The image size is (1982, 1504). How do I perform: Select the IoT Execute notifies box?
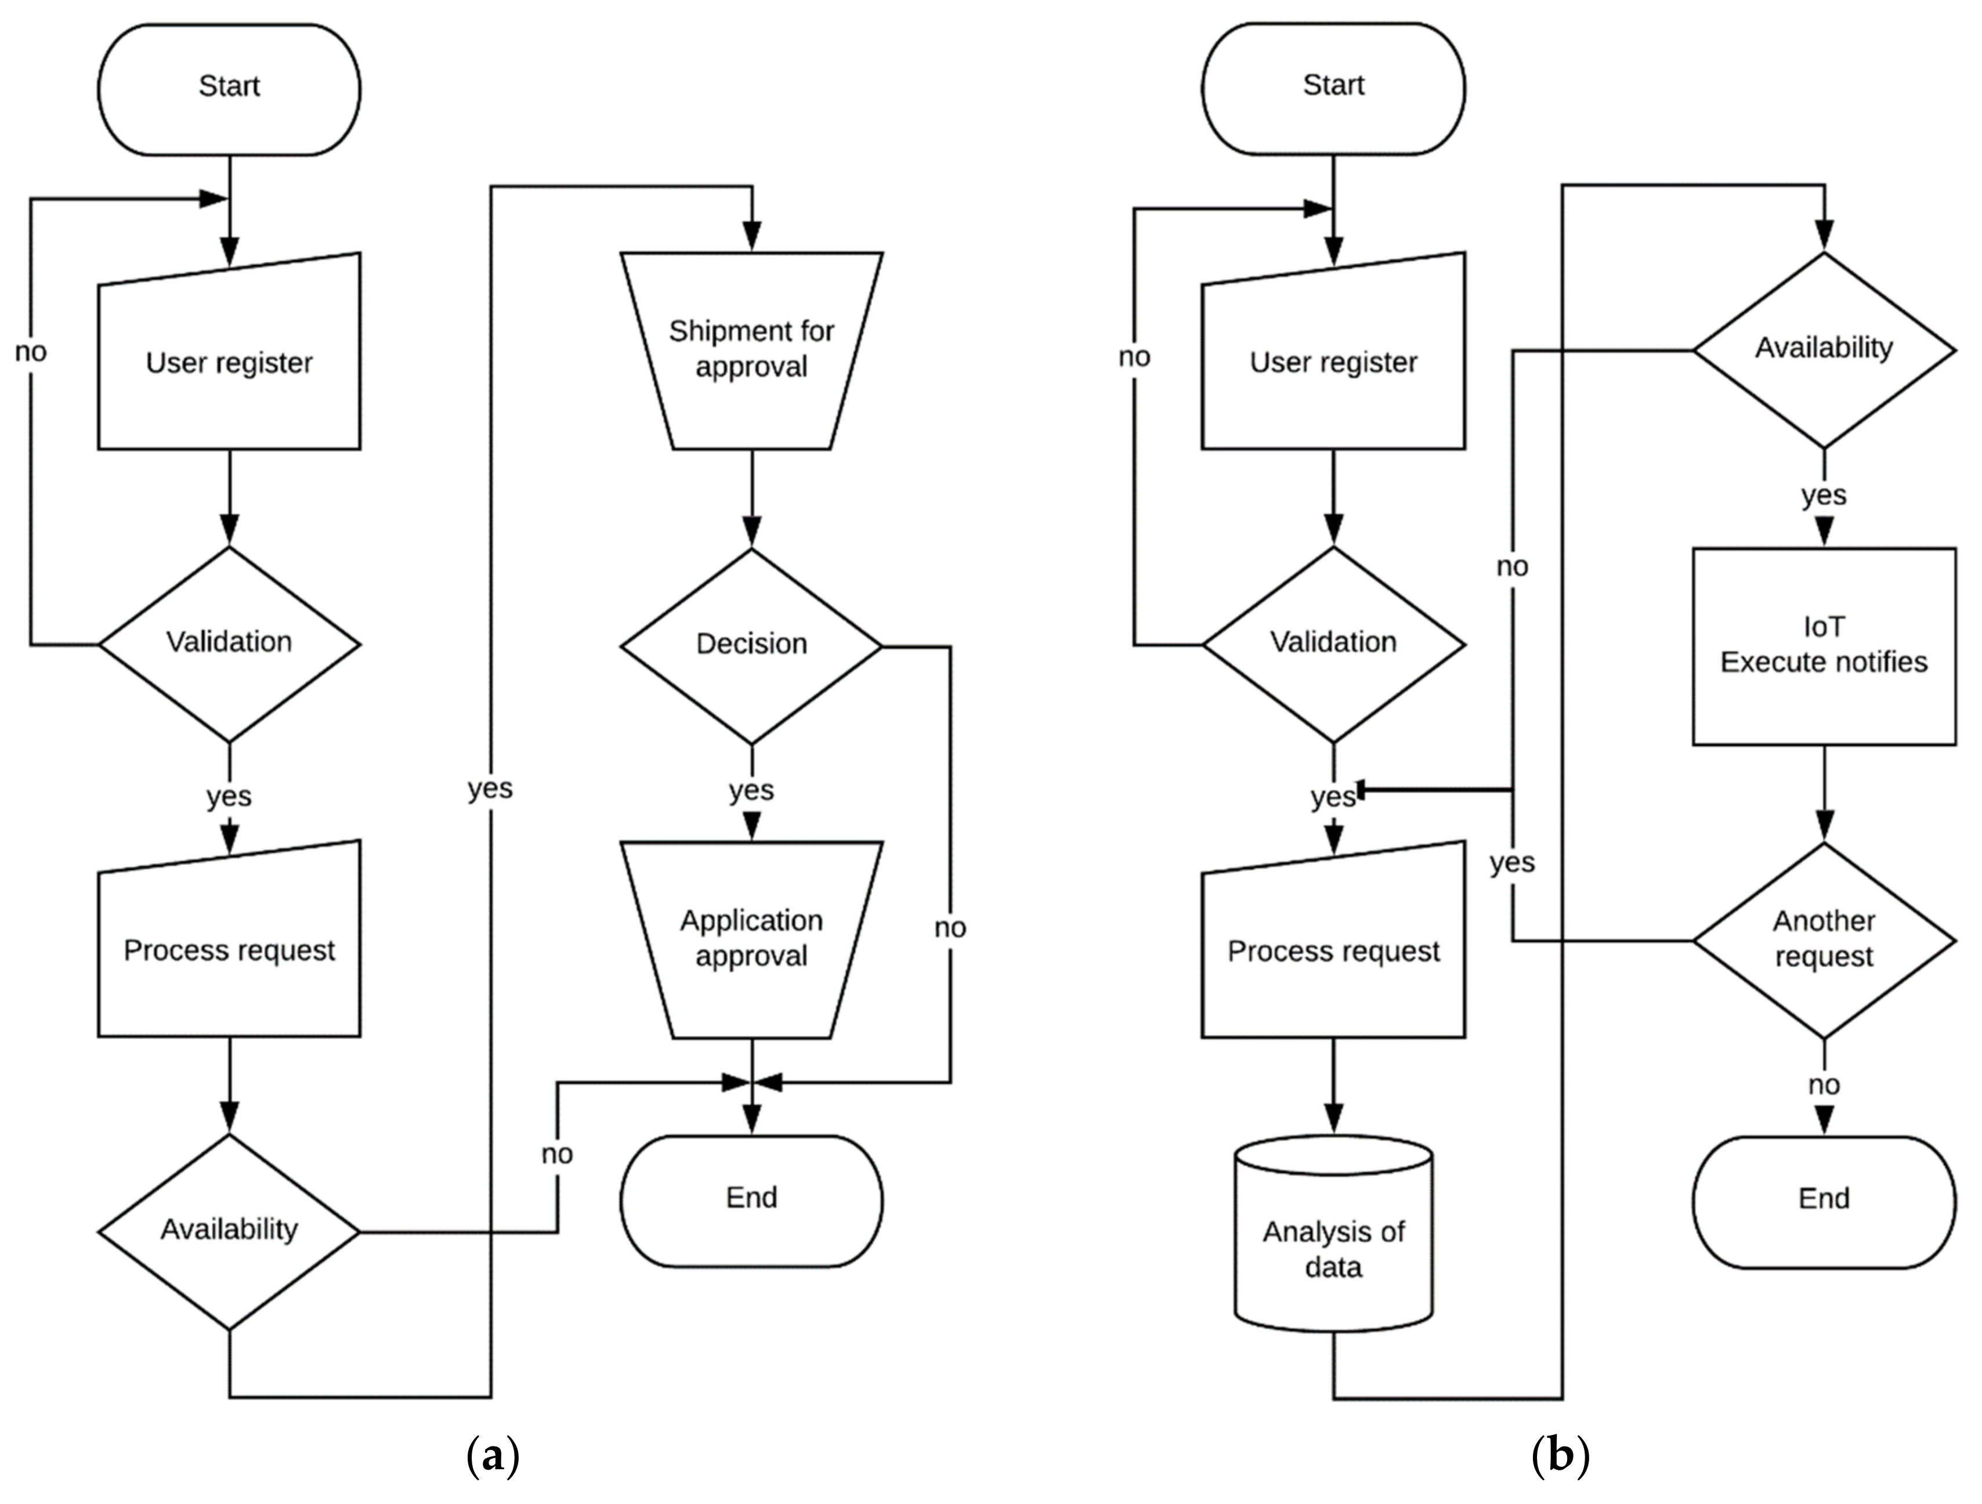pos(1824,645)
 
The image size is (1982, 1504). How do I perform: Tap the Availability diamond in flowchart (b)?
pos(1824,349)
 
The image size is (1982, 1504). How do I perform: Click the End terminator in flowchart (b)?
pos(1824,1200)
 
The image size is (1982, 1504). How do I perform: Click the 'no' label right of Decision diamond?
pos(950,928)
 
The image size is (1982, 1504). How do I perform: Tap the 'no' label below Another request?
pos(1824,1086)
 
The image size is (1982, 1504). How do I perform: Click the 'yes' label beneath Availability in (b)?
pos(1824,495)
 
